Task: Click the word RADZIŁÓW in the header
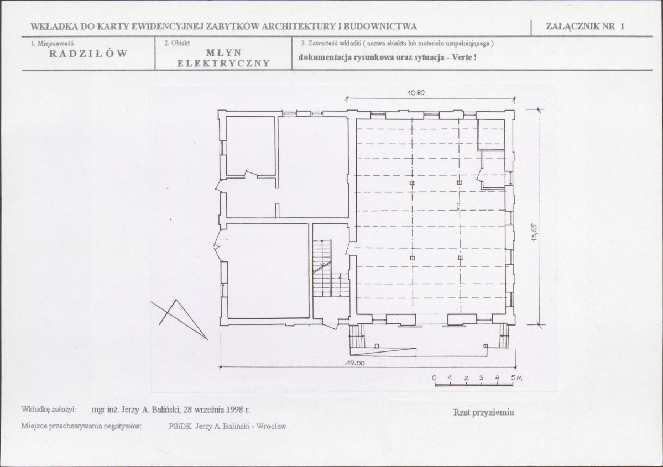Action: click(88, 54)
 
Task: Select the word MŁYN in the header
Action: click(224, 53)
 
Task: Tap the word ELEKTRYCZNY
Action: click(224, 64)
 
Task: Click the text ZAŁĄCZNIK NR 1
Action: click(585, 26)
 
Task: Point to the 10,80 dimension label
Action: click(416, 93)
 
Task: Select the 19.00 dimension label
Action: click(354, 363)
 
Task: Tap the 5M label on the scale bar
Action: click(516, 378)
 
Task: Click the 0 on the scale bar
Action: click(435, 378)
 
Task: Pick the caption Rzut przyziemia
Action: click(484, 412)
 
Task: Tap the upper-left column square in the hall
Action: click(413, 183)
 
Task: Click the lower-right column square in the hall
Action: click(460, 258)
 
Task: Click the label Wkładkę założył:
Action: click(49, 410)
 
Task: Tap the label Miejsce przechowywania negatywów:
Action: click(81, 426)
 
